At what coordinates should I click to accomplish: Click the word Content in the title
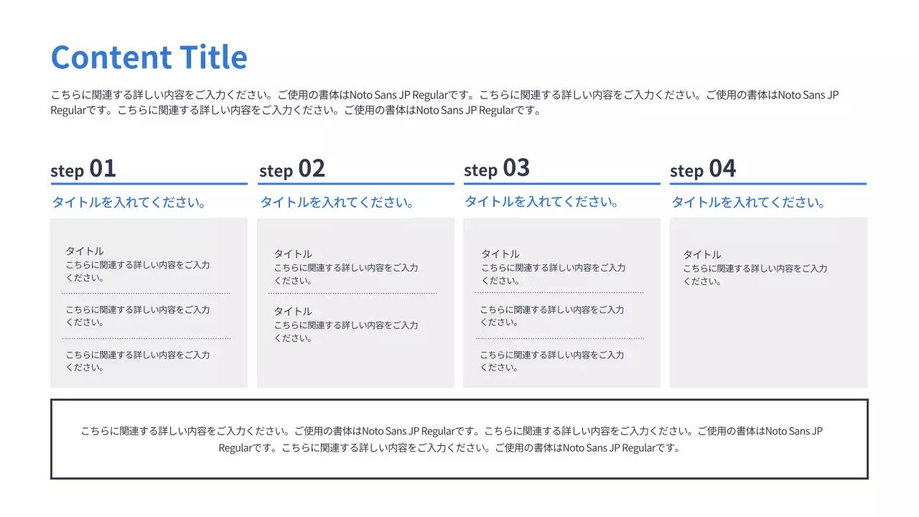tap(111, 57)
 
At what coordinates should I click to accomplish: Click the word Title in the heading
tap(213, 57)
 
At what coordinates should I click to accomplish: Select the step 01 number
tap(103, 169)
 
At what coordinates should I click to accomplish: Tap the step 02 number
tap(312, 169)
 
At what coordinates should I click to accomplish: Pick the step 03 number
tap(516, 168)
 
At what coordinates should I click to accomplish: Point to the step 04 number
tap(722, 169)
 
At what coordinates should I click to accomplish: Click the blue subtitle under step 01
tap(129, 202)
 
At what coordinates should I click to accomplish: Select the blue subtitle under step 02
tap(337, 202)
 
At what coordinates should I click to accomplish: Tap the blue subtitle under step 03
tap(542, 202)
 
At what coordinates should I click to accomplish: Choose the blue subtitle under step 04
tap(748, 202)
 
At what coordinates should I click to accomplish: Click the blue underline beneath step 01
tap(149, 184)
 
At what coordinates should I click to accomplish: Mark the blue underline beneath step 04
tap(768, 184)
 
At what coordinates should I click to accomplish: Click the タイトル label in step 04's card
tap(702, 255)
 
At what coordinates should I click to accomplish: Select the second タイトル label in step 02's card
tap(293, 312)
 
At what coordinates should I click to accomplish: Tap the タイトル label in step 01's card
tap(85, 251)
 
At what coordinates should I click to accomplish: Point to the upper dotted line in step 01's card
tap(146, 293)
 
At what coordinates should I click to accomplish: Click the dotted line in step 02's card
tap(353, 293)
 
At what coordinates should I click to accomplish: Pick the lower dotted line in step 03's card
tap(559, 338)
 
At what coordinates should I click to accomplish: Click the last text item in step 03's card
tap(551, 360)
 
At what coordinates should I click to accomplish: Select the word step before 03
tap(480, 171)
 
